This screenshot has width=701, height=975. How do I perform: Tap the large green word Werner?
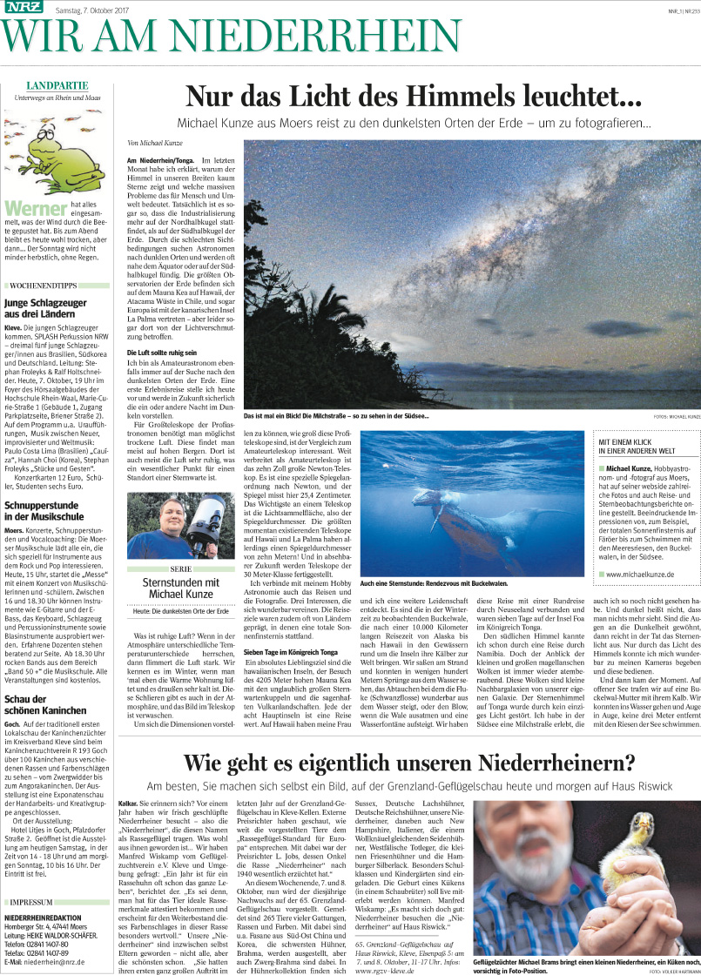pos(36,209)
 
